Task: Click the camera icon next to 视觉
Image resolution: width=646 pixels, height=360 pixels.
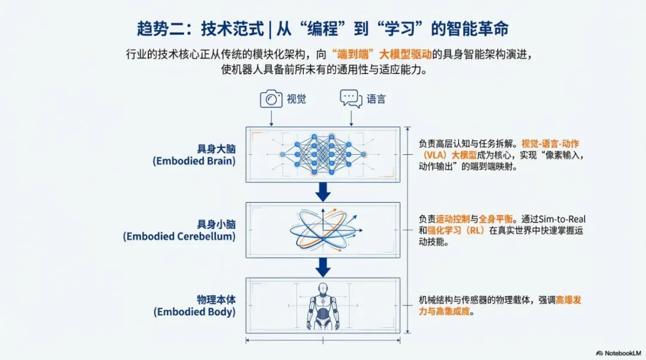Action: coord(271,99)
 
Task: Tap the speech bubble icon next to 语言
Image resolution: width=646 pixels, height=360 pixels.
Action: coord(351,99)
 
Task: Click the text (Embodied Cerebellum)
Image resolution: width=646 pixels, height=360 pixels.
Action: coord(179,236)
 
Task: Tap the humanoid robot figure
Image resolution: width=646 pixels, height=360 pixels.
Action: coord(323,305)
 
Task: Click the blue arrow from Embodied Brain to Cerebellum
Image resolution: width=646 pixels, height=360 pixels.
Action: coord(323,191)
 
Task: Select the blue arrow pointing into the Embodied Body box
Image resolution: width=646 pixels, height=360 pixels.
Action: coord(323,266)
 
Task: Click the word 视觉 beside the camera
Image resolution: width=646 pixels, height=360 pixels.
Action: coord(296,99)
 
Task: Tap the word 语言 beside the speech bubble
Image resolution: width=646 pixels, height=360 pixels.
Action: coord(376,99)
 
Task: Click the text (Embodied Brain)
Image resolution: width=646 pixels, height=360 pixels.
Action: coord(194,161)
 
